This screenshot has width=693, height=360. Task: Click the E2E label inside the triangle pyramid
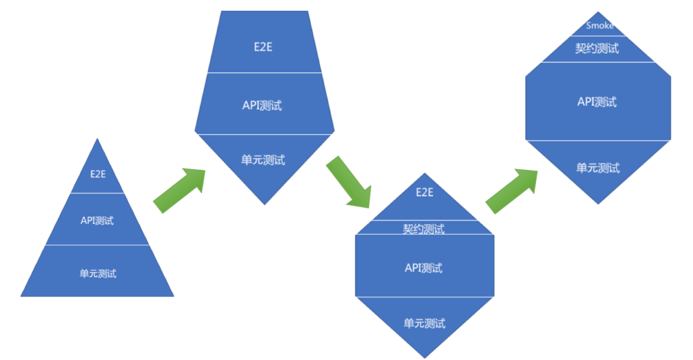97,173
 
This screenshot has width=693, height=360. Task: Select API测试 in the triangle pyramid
97,221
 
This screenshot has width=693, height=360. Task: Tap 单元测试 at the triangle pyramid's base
97,273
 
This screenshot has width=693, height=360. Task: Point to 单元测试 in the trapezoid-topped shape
263,160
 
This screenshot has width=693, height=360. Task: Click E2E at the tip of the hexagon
424,192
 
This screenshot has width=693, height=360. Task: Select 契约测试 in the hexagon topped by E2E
424,229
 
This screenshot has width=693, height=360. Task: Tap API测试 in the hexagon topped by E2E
424,268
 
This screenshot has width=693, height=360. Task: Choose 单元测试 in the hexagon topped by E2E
424,323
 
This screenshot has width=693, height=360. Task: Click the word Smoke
600,26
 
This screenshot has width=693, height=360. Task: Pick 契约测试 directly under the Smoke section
598,49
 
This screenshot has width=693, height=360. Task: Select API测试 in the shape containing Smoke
598,102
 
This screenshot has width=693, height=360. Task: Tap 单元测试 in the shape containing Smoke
598,168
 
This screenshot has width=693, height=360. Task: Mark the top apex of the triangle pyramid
97,139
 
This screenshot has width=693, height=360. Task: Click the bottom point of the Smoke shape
598,202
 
